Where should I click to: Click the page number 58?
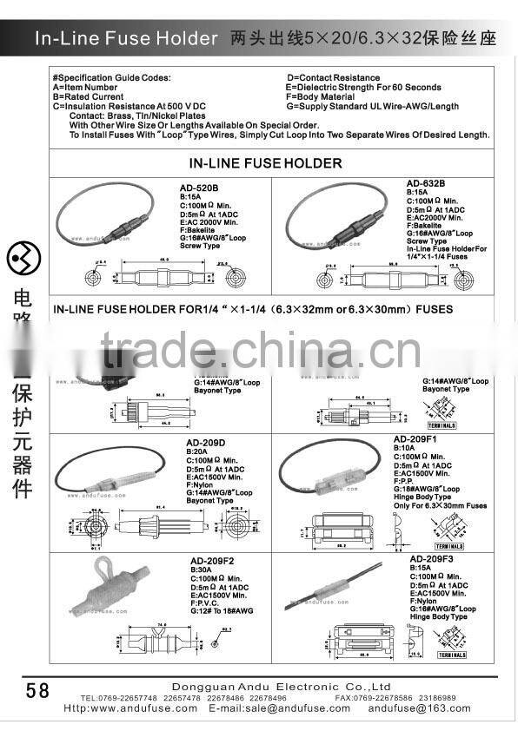click(38, 690)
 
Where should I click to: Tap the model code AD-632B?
click(426, 184)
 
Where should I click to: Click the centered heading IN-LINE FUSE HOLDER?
click(266, 162)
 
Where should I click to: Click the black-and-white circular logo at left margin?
click(22, 258)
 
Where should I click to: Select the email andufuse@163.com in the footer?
click(419, 708)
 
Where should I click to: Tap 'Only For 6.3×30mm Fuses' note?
click(441, 504)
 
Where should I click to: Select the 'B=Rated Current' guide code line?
click(89, 97)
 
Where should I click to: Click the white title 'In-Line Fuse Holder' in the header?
click(126, 39)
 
